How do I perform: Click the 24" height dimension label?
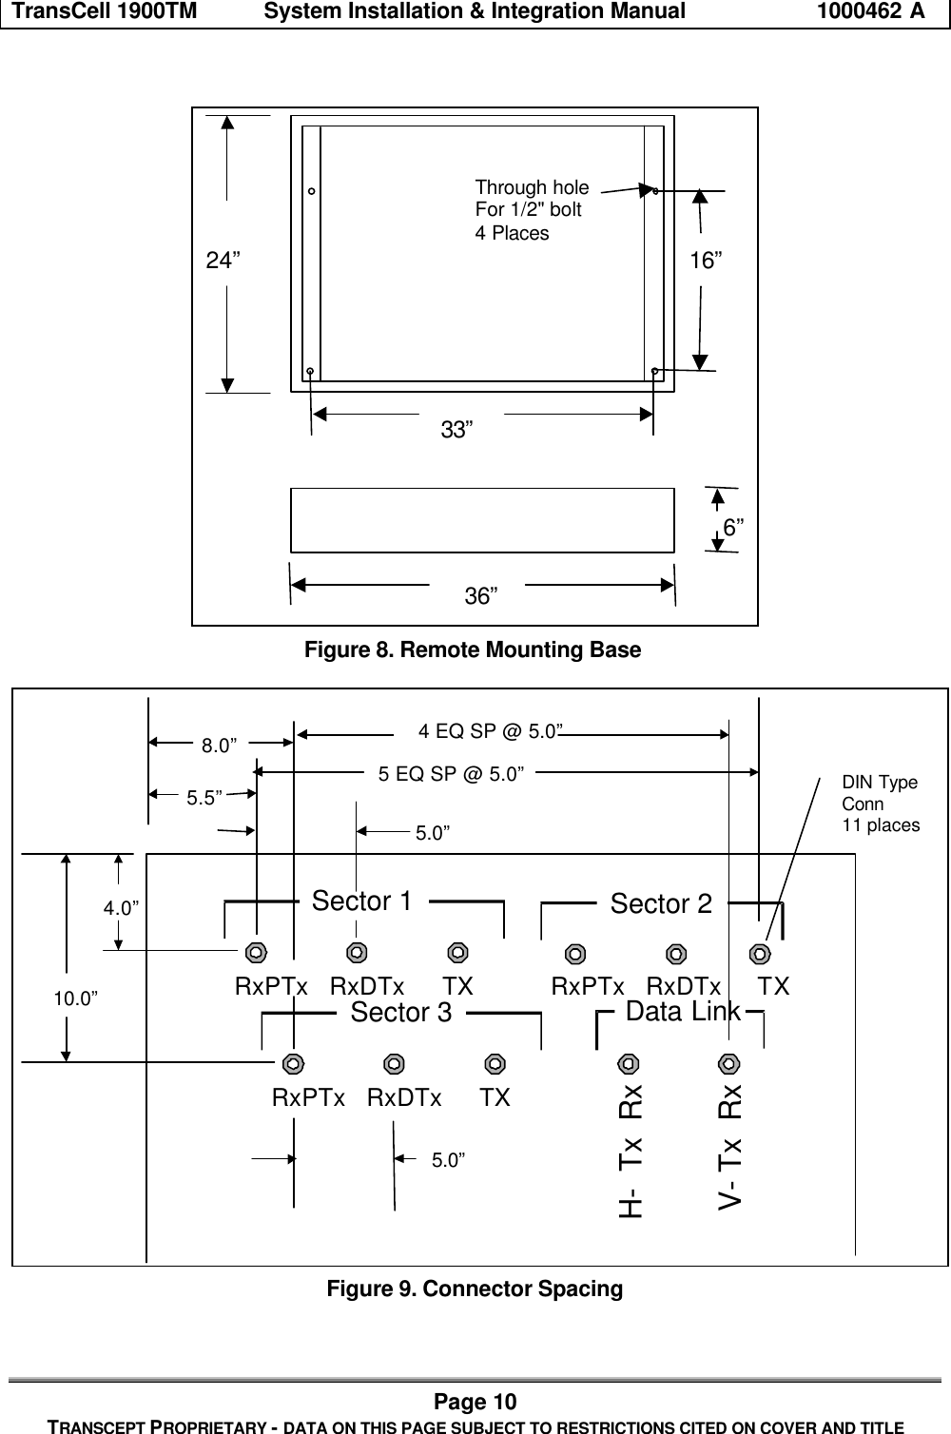click(223, 261)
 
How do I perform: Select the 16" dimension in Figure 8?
click(706, 261)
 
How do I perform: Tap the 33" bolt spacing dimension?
click(456, 430)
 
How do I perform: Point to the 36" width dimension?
click(480, 596)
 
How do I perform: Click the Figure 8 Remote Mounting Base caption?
click(472, 650)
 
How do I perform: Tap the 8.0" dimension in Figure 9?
click(219, 746)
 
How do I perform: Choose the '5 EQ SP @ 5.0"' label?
click(452, 774)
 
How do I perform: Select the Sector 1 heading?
click(362, 901)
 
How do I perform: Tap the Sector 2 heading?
click(661, 903)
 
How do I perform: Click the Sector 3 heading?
click(401, 1013)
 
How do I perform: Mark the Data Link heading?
click(683, 1012)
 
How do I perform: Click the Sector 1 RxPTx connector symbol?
click(255, 952)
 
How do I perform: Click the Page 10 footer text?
click(475, 1402)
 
